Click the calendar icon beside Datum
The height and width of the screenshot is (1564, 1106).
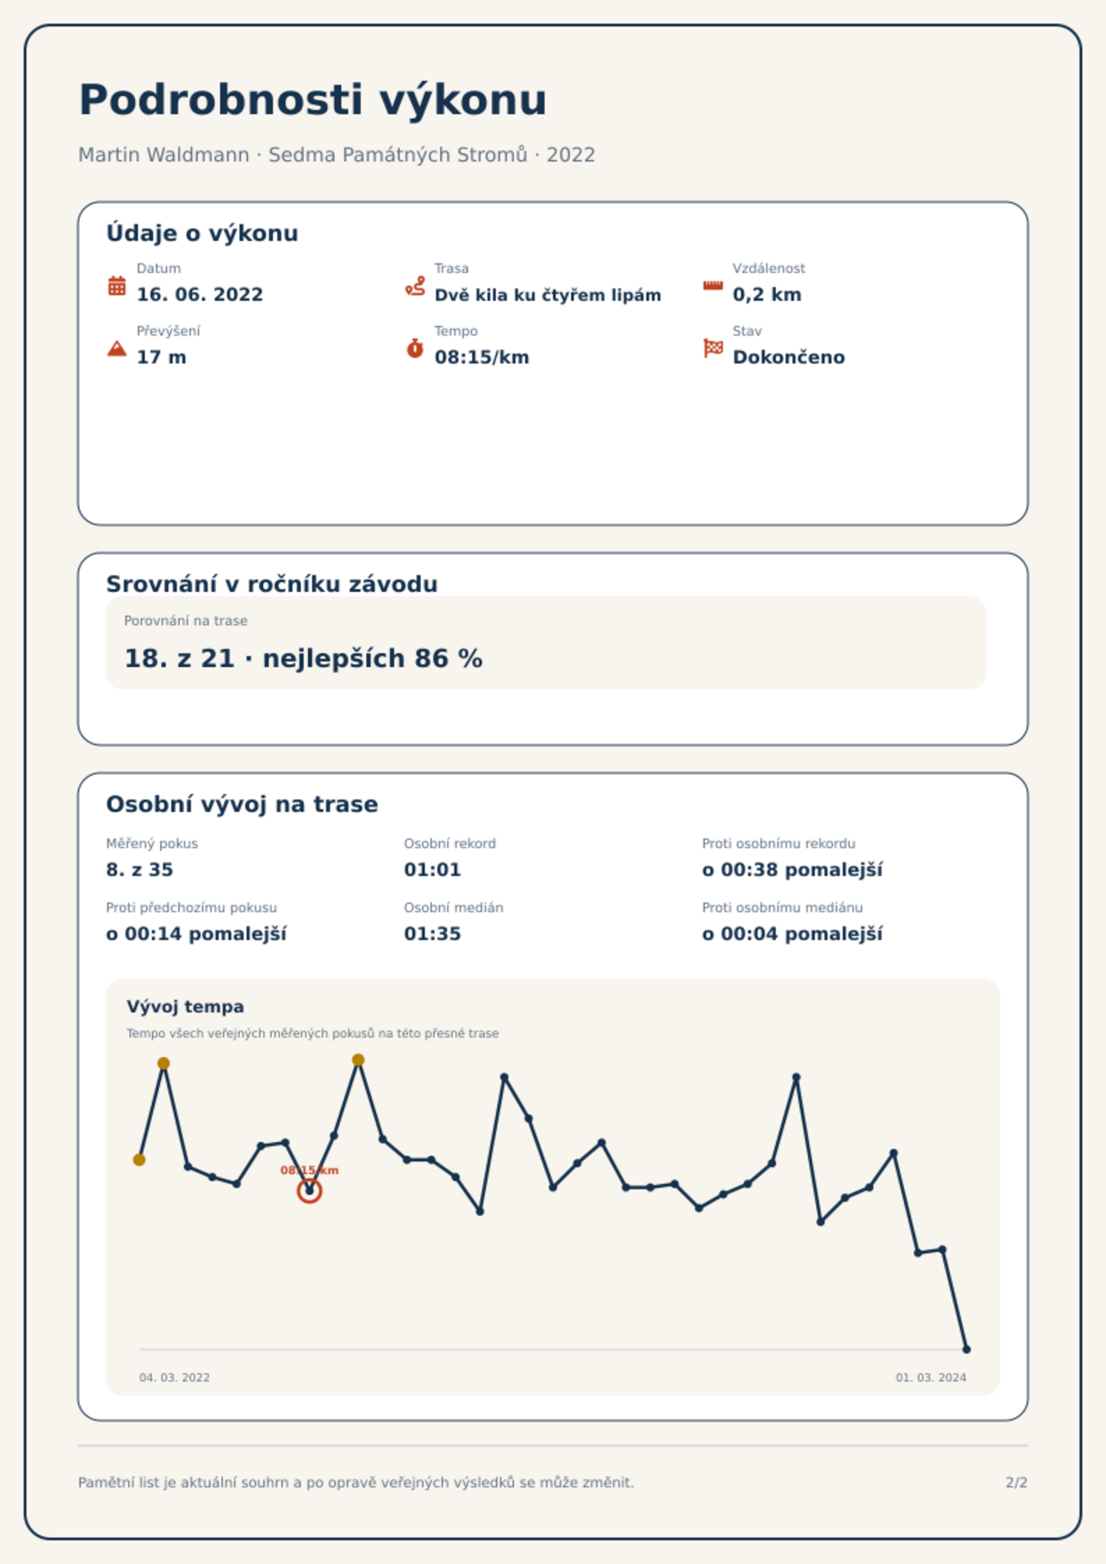117,286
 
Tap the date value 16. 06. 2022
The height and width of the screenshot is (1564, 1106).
200,295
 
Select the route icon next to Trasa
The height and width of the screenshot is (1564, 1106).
415,286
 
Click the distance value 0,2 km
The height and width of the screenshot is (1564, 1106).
767,295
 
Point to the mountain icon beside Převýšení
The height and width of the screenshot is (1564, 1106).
117,348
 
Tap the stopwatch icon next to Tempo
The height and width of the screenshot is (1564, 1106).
415,348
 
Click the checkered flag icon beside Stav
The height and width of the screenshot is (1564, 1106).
713,348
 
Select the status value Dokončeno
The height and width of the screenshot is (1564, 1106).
788,357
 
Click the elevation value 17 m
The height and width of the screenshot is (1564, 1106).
162,357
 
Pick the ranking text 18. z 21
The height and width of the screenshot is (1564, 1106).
179,658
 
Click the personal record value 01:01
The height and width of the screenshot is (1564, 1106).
433,870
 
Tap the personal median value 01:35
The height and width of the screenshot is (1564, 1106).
433,934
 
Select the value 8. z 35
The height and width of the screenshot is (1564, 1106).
139,870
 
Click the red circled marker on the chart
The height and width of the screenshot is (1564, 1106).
309,1191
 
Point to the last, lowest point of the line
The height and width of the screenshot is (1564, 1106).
966,1349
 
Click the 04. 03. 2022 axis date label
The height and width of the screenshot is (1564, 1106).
174,1377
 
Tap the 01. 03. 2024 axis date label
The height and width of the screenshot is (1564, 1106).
930,1377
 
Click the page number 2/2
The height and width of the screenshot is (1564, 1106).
1016,1483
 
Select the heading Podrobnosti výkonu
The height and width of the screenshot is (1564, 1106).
313,100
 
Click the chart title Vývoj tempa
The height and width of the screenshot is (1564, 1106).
185,1007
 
